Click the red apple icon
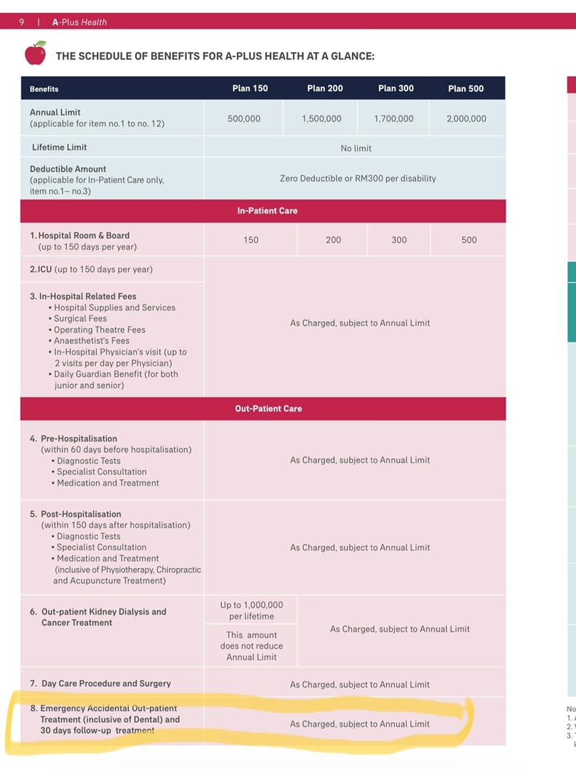[35, 53]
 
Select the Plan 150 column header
[250, 88]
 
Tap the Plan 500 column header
[466, 88]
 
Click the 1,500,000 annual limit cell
[321, 119]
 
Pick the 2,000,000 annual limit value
[466, 119]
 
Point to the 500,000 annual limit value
[244, 119]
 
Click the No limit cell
[356, 148]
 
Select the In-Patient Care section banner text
[267, 211]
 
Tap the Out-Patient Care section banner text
[268, 409]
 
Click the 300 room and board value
[399, 240]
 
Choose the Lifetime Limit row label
[59, 147]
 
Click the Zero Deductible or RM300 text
[358, 178]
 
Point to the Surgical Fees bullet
[80, 318]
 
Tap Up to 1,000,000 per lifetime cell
[251, 610]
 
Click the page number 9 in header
[21, 22]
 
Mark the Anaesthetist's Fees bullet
[92, 340]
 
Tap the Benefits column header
[44, 89]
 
